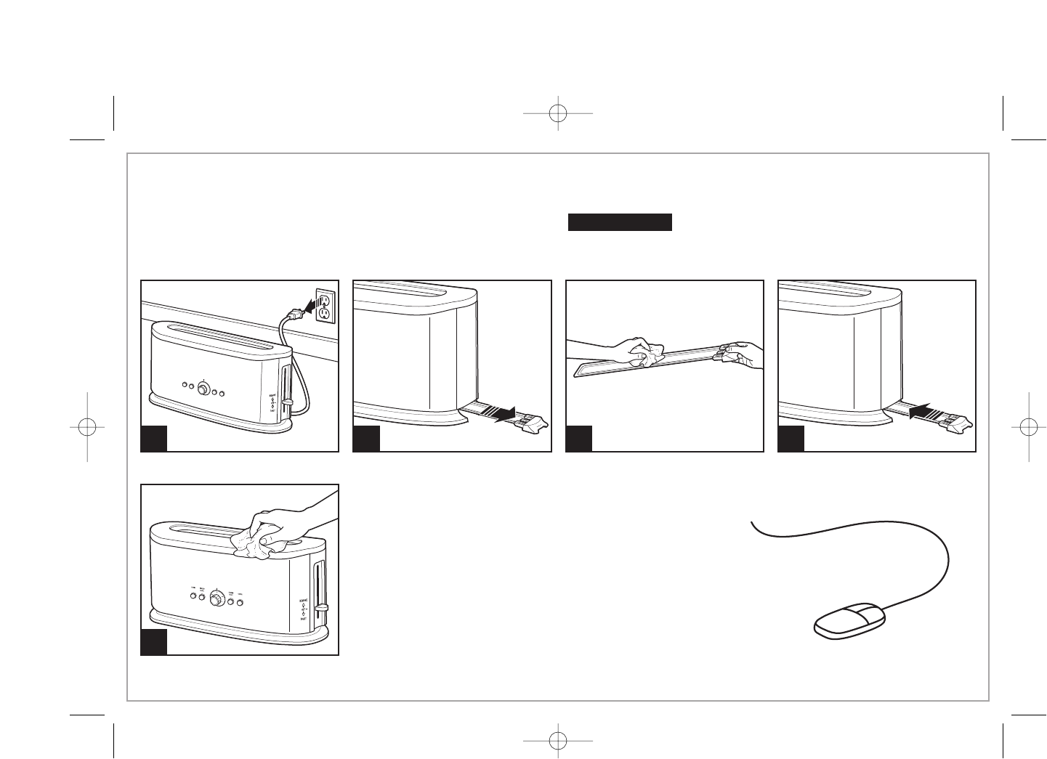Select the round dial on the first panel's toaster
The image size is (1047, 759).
tap(203, 389)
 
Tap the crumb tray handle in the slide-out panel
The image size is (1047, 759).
tap(534, 423)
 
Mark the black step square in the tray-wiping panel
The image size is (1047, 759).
tap(579, 439)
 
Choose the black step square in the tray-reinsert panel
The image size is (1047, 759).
tap(791, 439)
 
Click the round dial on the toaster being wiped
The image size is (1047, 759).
tap(217, 598)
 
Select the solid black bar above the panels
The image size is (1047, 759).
tap(620, 222)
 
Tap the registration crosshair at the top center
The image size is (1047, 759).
tap(557, 113)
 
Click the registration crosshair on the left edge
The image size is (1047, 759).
tap(86, 427)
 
